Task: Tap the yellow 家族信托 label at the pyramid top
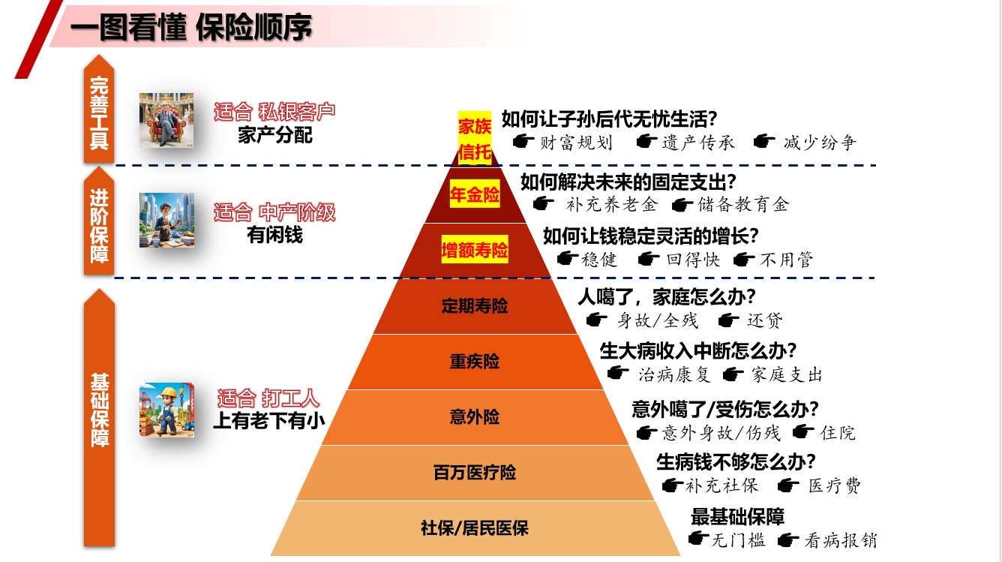[474, 137]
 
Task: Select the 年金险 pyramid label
[474, 195]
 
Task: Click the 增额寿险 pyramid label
[474, 251]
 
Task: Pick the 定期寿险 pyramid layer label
[474, 306]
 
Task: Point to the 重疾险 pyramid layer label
[474, 362]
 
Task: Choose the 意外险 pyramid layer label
[474, 417]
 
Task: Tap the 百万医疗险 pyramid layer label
[474, 473]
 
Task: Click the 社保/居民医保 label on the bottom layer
[474, 528]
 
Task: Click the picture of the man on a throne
[166, 120]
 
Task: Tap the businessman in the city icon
[166, 220]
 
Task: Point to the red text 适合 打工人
[268, 398]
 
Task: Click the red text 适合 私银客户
[274, 112]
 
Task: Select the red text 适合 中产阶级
[274, 212]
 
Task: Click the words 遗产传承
[697, 143]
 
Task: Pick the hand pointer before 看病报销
[787, 539]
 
